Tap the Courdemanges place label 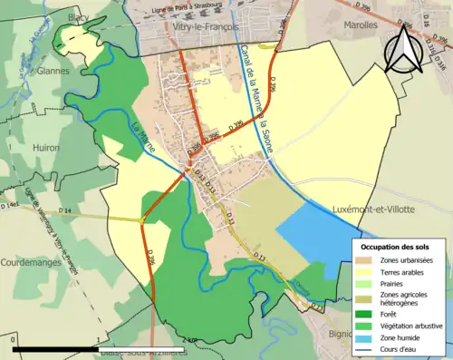[x=32, y=262]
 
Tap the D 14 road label [x=64, y=211]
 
